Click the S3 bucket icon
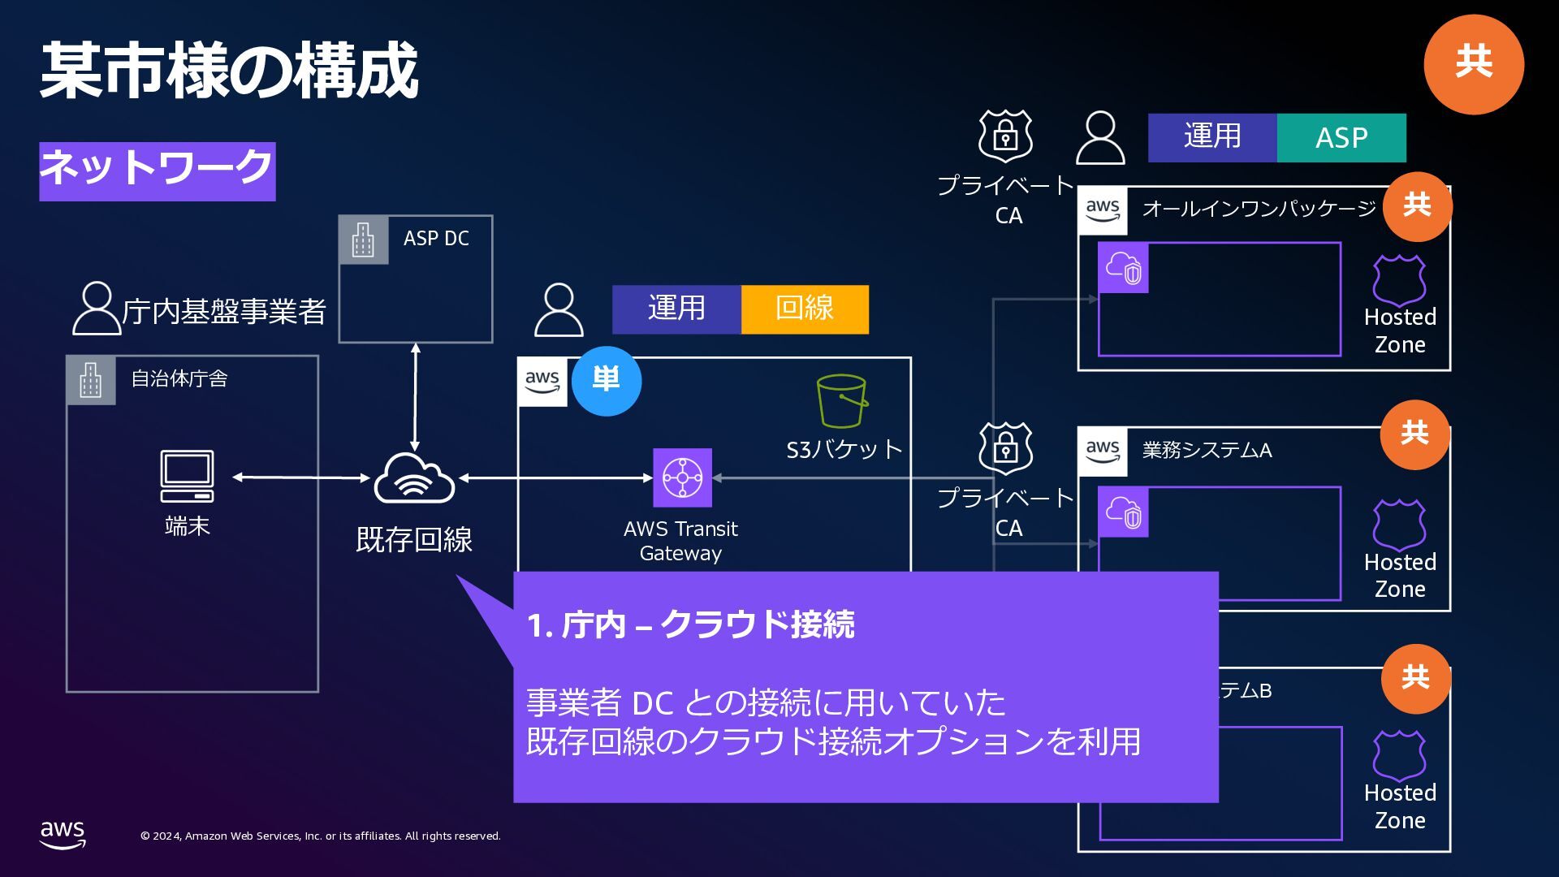coord(842,401)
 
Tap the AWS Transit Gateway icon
coord(682,477)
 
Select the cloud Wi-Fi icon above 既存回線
coord(414,479)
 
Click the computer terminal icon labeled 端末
coord(188,476)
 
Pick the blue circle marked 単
coord(607,381)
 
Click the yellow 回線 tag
coord(805,309)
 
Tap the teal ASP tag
coord(1341,138)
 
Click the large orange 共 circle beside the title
coord(1473,64)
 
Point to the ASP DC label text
coord(436,239)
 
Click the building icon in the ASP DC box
coord(363,240)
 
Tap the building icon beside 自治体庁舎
coord(91,380)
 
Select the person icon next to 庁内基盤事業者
coord(96,309)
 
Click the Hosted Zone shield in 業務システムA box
coord(1399,525)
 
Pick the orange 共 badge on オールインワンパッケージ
coord(1417,206)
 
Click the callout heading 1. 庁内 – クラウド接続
coord(690,625)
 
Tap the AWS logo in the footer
coord(63,834)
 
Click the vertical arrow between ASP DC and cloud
coord(415,397)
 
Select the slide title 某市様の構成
coord(229,71)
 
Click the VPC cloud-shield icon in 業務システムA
coord(1123,512)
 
